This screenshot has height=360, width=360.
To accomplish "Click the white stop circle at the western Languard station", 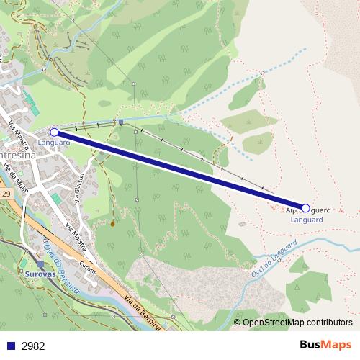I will (54, 132).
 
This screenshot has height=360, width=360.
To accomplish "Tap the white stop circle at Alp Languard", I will (305, 208).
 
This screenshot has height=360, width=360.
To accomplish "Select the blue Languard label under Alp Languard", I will (306, 220).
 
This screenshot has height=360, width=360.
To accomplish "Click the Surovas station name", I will (40, 274).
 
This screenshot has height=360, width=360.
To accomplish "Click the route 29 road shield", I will (6, 194).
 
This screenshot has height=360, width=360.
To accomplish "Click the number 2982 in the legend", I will (33, 346).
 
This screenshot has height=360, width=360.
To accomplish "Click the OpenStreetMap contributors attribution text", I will (297, 323).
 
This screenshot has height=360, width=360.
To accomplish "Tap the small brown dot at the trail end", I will (112, 224).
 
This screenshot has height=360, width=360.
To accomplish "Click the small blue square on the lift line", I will (122, 122).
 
